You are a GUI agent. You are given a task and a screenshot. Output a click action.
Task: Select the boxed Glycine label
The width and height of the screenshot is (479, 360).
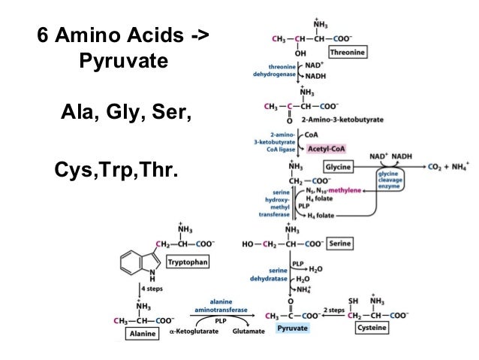tap(339, 165)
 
